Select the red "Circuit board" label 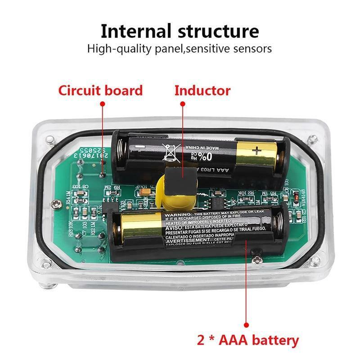point(100,90)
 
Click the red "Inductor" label point(202,90)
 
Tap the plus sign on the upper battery point(256,151)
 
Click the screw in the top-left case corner point(50,139)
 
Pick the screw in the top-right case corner point(310,139)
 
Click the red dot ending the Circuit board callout point(102,103)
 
